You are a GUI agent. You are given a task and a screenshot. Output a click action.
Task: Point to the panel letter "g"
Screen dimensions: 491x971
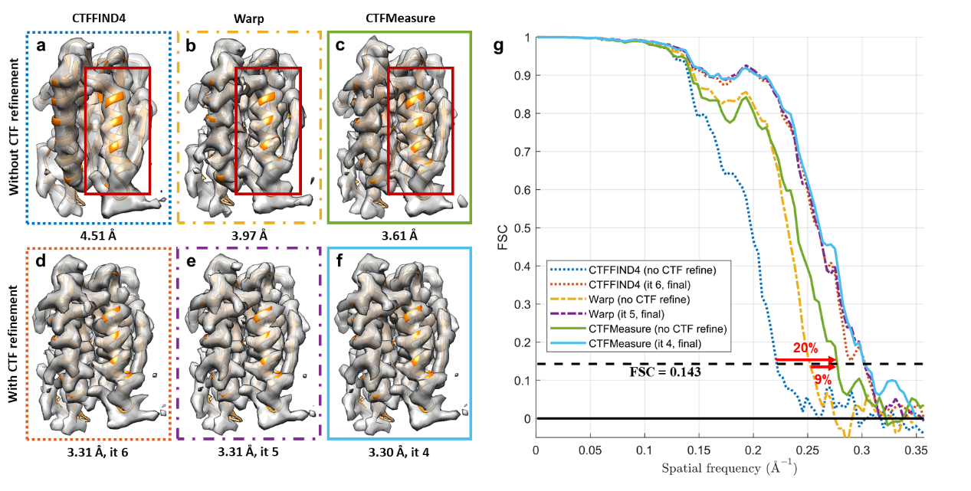click(x=499, y=47)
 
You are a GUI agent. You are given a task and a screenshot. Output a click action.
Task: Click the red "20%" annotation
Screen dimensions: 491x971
click(x=805, y=349)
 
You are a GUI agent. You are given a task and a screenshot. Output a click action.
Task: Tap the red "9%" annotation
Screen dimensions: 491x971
click(x=822, y=379)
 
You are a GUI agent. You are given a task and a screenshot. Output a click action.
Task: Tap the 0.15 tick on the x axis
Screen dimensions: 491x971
click(x=699, y=448)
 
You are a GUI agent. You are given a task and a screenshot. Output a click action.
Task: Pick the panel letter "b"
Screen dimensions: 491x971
click(x=190, y=47)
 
